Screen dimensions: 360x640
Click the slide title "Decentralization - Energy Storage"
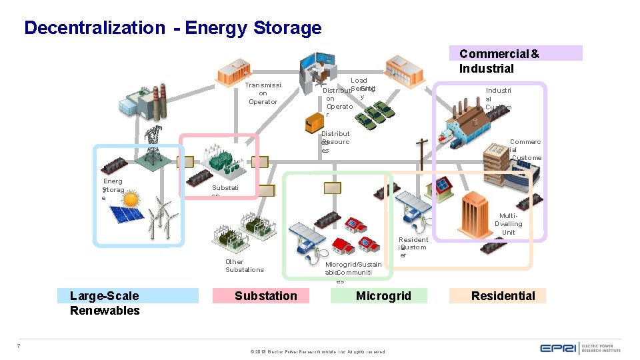coord(173,28)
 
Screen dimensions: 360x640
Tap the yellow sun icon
coord(130,199)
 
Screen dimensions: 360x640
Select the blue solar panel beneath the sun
coord(127,216)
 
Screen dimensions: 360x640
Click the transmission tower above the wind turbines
coord(154,145)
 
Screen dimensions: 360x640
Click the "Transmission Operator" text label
coord(263,93)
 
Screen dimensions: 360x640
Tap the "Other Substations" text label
coord(244,265)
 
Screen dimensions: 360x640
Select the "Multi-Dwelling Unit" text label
coord(508,224)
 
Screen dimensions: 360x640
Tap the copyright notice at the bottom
coord(317,351)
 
